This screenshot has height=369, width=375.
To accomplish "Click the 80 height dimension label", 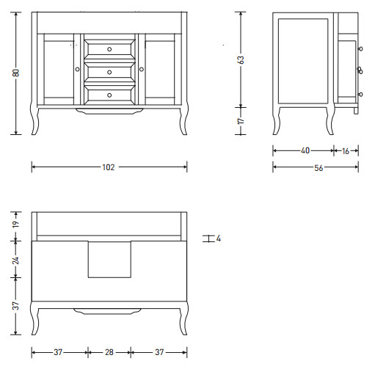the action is [x=16, y=73].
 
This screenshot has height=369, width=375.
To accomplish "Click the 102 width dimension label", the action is [x=109, y=167].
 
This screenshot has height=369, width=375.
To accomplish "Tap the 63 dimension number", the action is [x=241, y=59].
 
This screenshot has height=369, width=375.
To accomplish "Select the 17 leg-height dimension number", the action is [x=241, y=120].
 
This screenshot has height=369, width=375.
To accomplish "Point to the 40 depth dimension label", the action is [x=305, y=150].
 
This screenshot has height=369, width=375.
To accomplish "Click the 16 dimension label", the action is [x=346, y=151].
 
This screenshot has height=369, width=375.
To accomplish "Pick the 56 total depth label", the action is [x=318, y=168].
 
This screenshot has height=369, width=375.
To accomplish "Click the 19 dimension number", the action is [x=15, y=224].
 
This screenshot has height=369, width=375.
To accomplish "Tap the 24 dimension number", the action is [x=15, y=260].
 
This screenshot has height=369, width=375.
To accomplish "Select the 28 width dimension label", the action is [x=109, y=352].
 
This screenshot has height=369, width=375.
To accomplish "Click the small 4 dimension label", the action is [x=219, y=238].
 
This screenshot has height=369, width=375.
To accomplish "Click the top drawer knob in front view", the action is [x=109, y=49].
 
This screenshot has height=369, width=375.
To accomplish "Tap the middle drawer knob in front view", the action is [x=109, y=72].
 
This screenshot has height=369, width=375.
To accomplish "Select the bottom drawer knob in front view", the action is [x=109, y=95].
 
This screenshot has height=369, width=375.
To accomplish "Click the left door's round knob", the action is [x=78, y=70].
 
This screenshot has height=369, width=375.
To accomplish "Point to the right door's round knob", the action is [x=142, y=70].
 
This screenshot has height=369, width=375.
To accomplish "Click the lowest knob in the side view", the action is [x=360, y=94].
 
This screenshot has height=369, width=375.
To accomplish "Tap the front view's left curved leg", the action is [x=34, y=120].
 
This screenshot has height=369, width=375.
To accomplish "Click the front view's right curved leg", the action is [x=184, y=120].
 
